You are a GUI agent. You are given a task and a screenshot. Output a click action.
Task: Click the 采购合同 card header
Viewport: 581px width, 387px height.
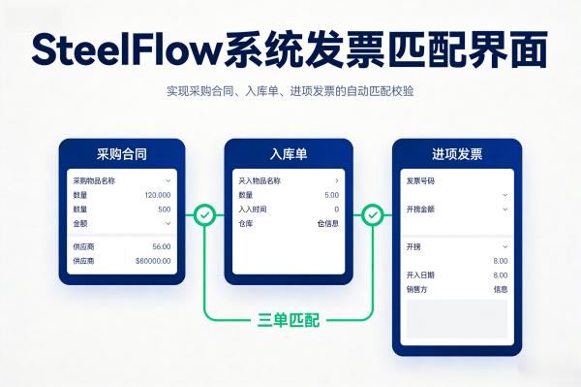(x=122, y=154)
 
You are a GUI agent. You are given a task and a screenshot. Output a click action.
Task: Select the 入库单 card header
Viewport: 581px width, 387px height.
(x=288, y=154)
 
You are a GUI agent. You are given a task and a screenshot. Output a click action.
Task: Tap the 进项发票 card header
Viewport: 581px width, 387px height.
(x=456, y=154)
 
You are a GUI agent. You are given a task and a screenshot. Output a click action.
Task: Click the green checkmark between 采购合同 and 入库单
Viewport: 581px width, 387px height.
(x=204, y=214)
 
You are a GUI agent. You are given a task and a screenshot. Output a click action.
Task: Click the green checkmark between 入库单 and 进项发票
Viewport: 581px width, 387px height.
(x=373, y=214)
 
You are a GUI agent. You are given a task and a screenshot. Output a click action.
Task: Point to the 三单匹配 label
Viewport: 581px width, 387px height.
(x=289, y=319)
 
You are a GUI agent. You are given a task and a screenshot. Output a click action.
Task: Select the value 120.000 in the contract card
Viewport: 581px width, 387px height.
(x=157, y=195)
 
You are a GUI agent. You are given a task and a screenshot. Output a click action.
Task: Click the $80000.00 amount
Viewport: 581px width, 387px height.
(x=153, y=261)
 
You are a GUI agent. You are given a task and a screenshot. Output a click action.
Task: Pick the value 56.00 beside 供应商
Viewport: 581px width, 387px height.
(x=161, y=247)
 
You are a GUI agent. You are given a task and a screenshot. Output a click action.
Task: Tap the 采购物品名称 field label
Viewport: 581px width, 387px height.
(x=94, y=180)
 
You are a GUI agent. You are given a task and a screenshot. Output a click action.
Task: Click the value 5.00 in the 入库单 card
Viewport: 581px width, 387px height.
(x=331, y=195)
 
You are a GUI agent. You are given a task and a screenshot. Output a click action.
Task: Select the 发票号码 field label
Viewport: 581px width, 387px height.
(x=421, y=180)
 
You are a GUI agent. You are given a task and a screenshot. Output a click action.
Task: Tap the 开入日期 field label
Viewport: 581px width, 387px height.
(x=421, y=275)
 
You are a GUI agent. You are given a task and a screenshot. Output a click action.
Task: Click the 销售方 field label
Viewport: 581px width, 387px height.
(x=417, y=289)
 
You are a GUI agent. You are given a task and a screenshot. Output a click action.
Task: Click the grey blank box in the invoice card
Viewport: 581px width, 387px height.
(x=456, y=318)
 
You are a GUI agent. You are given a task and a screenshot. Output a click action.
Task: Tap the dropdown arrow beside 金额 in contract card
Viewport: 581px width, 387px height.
(x=168, y=223)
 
